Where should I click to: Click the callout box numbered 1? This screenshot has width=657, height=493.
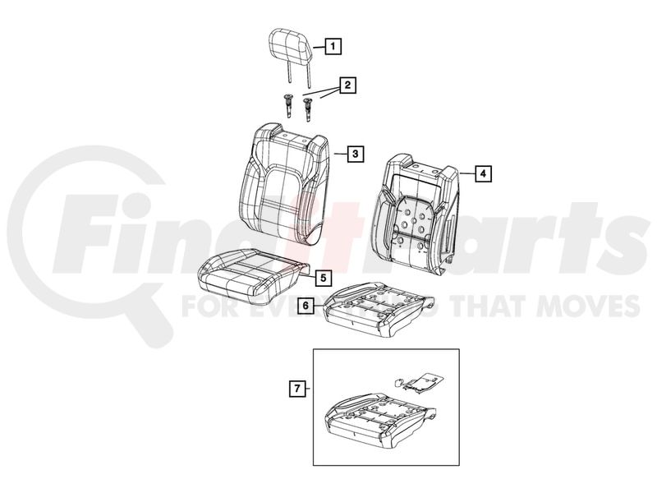pyautogui.click(x=333, y=46)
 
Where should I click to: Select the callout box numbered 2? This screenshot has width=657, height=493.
pyautogui.click(x=347, y=85)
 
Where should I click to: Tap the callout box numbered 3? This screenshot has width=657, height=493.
pyautogui.click(x=356, y=154)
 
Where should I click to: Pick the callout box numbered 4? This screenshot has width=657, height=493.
pyautogui.click(x=483, y=173)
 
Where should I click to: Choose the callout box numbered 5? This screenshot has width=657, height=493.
pyautogui.click(x=323, y=278)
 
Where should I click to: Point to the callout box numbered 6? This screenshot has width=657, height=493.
pyautogui.click(x=306, y=306)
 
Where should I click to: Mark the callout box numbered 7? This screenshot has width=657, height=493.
pyautogui.click(x=297, y=389)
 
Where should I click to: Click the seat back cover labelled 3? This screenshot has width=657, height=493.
pyautogui.click(x=285, y=183)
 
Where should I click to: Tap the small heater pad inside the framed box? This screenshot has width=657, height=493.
pyautogui.click(x=420, y=381)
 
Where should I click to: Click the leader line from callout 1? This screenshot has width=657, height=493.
pyautogui.click(x=319, y=48)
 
